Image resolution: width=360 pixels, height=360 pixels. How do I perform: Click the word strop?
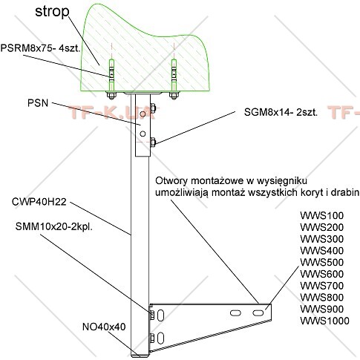click(x=52, y=12)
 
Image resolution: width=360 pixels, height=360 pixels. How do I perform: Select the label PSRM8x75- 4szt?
click(x=41, y=48)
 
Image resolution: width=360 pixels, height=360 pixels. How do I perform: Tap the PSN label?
click(x=38, y=103)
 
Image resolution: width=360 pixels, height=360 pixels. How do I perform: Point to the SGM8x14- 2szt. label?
click(x=281, y=113)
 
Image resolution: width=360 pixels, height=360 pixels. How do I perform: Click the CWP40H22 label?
click(x=39, y=202)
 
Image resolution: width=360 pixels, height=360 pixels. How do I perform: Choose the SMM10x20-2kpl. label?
click(x=54, y=226)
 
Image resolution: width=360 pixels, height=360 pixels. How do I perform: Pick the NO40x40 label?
click(x=104, y=327)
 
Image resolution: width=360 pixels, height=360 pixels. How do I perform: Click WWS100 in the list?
click(x=322, y=215)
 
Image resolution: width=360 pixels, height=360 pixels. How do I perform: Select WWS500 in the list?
click(x=322, y=262)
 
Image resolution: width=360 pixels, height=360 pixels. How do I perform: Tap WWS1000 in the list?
click(x=324, y=321)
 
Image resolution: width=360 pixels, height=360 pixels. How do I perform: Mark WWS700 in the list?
click(x=322, y=286)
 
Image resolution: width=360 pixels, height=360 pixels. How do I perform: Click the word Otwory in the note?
click(x=171, y=180)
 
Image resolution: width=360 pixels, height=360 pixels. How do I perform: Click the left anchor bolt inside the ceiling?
click(x=111, y=76)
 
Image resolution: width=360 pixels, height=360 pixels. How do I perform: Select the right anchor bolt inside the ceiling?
click(x=174, y=76)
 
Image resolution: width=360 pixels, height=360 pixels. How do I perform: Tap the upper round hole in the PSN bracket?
click(x=143, y=114)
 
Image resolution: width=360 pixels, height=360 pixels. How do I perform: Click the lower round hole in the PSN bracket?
click(x=143, y=134)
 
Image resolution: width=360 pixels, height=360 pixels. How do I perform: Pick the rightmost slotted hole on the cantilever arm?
click(x=258, y=313)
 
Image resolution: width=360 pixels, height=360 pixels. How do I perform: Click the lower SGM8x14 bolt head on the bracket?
click(x=153, y=142)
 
